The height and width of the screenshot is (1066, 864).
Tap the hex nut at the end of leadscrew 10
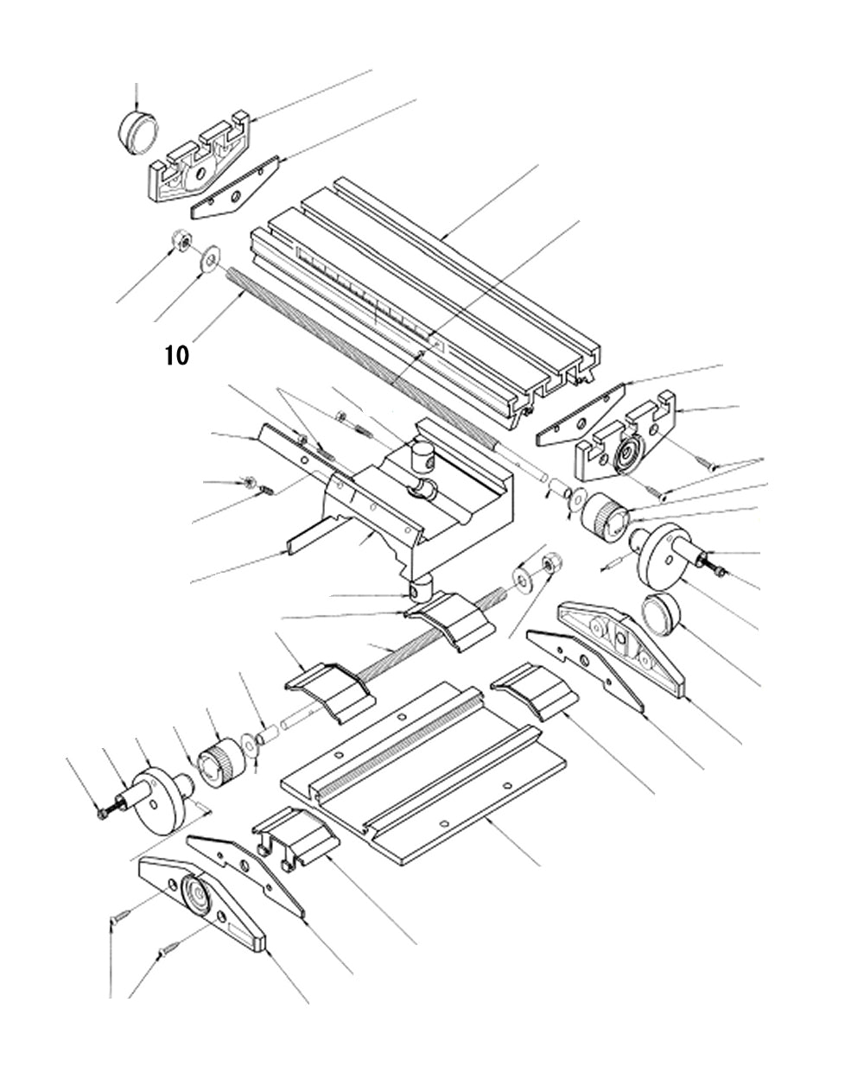pos(181,241)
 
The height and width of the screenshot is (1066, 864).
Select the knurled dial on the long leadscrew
pos(605,517)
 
